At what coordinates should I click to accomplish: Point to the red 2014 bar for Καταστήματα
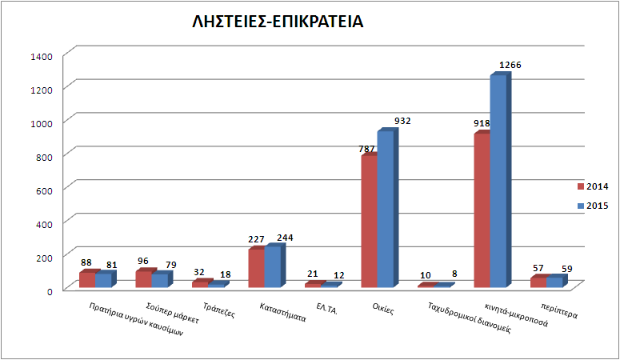[256, 267]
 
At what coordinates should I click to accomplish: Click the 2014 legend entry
[593, 186]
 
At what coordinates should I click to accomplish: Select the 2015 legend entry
[593, 206]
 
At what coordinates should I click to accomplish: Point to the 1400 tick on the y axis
[42, 56]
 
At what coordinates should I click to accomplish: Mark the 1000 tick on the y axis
[42, 122]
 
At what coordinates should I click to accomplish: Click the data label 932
[402, 121]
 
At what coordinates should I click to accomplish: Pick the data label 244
[286, 238]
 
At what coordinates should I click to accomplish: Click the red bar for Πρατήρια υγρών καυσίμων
[87, 279]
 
